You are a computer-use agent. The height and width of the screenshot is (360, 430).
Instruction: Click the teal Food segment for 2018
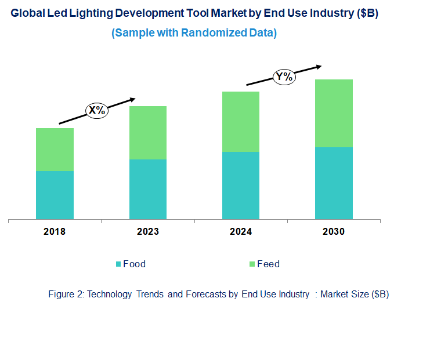pos(55,195)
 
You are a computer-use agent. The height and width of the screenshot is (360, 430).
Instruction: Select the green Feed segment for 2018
pos(55,150)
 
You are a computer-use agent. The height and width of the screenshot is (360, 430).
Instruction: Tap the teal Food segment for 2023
pos(147,189)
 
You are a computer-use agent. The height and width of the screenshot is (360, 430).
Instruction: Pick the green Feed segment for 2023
pos(147,133)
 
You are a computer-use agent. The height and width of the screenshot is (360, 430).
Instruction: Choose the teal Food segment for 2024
pos(240,186)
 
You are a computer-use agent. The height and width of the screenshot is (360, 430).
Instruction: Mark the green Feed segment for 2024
pos(240,122)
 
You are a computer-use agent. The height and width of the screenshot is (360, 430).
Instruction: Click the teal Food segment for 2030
pos(334,183)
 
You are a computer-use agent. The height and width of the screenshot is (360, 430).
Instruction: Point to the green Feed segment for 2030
pos(334,113)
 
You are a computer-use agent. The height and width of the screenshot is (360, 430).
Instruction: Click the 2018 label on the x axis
pos(55,232)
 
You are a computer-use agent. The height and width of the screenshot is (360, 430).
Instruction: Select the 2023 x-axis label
pos(147,232)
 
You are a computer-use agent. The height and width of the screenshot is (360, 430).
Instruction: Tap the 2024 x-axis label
pos(240,232)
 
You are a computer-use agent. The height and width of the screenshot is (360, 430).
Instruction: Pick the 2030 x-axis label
pos(334,232)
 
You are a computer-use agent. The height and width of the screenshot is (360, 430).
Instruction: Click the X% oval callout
pos(97,111)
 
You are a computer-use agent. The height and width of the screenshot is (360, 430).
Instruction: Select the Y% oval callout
pos(284,77)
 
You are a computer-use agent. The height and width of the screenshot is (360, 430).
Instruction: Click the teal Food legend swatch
pos(118,264)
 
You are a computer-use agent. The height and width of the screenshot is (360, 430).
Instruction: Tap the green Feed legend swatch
pos(252,264)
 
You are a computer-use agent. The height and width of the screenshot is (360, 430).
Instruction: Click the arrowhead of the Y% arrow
pos(319,66)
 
